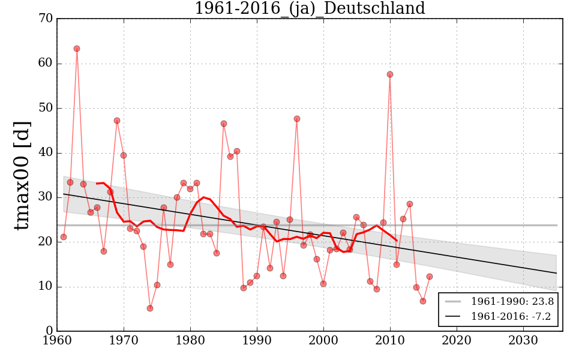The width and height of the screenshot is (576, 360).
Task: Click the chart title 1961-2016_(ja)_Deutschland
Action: [x=309, y=9]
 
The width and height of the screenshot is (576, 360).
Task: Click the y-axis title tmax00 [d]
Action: [x=22, y=175]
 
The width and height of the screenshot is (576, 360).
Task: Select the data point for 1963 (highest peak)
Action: [x=77, y=49]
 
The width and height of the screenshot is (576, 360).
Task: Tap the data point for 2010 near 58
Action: [x=390, y=74]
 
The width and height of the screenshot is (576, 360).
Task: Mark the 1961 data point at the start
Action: [x=64, y=237]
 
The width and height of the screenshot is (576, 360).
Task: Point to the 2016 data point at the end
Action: [x=430, y=277]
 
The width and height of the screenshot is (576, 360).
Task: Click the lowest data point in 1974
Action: [x=150, y=308]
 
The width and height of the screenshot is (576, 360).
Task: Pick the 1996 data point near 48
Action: [x=297, y=119]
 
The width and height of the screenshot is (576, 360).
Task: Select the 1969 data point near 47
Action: [x=117, y=121]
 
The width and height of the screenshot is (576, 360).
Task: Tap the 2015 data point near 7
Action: [x=423, y=301]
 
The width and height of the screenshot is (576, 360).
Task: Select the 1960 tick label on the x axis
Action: [x=58, y=341]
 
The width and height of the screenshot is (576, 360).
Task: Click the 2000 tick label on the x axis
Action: [x=324, y=341]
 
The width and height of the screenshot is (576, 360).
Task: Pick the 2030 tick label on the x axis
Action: [x=523, y=341]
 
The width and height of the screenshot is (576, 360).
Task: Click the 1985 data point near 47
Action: [x=224, y=124]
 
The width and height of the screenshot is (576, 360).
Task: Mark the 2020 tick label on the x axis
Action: [x=457, y=341]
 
